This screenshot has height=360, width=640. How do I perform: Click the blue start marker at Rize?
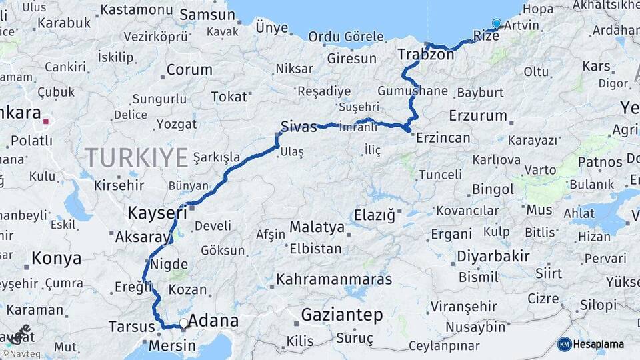pos(496,24)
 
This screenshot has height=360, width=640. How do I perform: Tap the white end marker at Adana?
pos(183,323)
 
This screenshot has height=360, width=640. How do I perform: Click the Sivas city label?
pos(299,127)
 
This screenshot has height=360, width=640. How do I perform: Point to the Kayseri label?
pos(157,213)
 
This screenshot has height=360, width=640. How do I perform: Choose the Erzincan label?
pos(443,138)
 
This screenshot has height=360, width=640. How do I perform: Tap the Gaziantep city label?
pos(342,315)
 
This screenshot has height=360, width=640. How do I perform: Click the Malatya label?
pos(317,227)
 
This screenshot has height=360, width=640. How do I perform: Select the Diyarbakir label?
pos(493,256)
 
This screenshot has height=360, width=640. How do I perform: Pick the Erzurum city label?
pos(478,115)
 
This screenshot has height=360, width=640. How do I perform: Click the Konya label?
pos(56,259)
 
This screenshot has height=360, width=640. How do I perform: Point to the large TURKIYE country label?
pos(136,158)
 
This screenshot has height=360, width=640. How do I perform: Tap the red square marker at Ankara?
pos(46,122)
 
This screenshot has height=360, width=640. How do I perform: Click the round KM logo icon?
pos(564,344)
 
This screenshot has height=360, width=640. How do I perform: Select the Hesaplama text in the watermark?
pos(599,344)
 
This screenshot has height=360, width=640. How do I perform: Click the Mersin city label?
pos(172,345)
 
